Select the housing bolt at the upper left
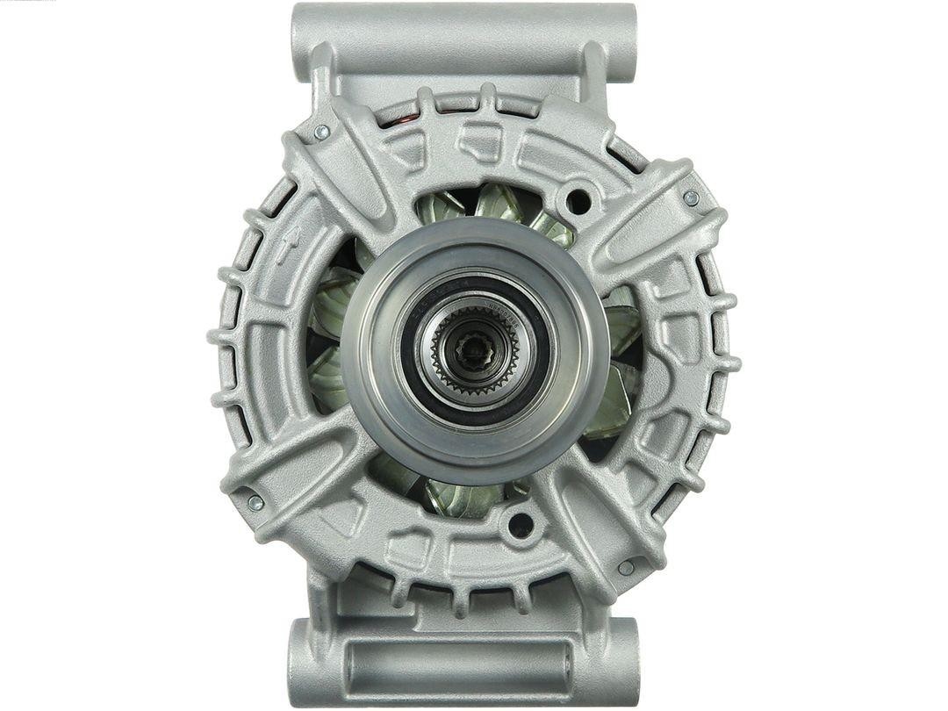[321, 132]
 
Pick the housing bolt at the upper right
[692, 198]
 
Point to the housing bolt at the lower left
[255, 502]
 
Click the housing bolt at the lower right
[626, 568]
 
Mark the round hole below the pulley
[521, 525]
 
